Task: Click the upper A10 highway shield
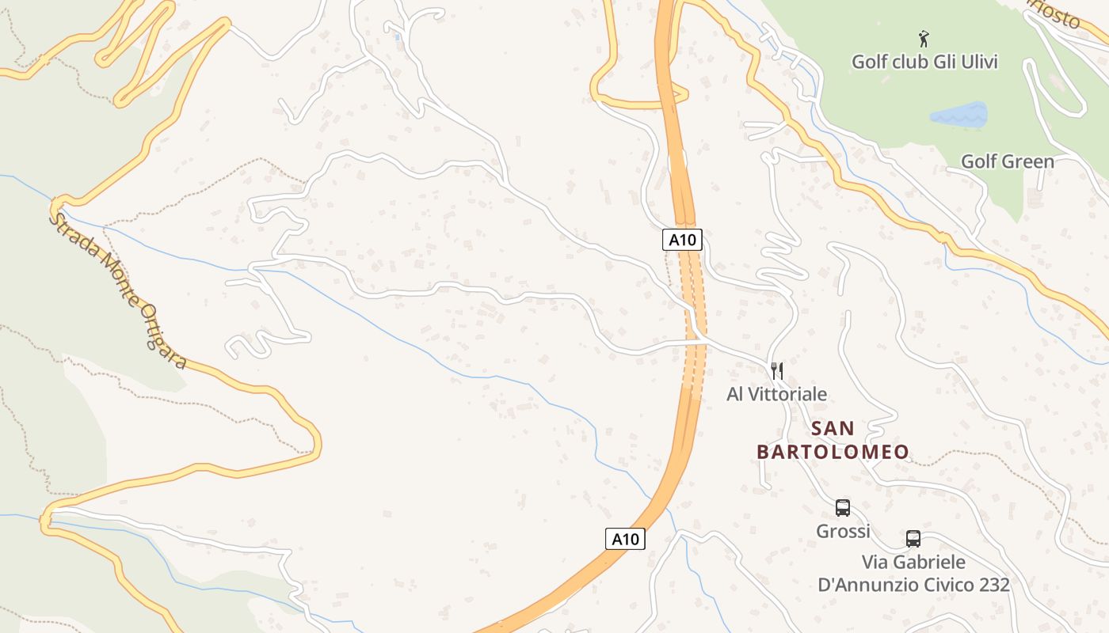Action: [x=682, y=240]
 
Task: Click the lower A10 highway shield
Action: [x=625, y=539]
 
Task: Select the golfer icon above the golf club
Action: [x=923, y=38]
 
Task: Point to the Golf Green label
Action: [x=1007, y=161]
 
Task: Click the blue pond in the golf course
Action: [x=959, y=116]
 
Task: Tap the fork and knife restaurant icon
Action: [x=777, y=370]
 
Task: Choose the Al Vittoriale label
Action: [x=776, y=394]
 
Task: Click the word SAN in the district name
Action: [x=833, y=429]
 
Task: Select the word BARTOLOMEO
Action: [x=833, y=453]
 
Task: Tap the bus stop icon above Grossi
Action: [x=843, y=508]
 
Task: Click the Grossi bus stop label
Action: [x=843, y=531]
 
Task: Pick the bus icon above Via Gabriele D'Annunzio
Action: [x=913, y=539]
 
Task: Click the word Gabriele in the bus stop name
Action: [x=928, y=563]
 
